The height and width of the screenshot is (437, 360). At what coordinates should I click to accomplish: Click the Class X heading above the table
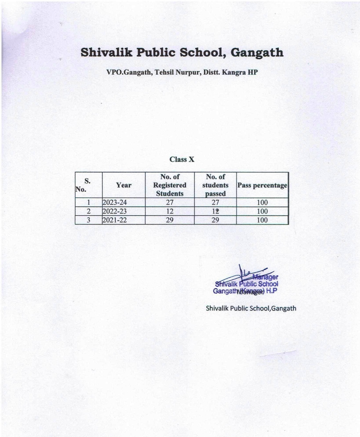tap(182, 160)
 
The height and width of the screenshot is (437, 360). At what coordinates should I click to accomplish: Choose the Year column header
tap(124, 185)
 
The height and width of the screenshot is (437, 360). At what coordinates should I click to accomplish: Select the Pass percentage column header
tap(262, 185)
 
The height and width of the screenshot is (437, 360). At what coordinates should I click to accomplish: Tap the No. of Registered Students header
tap(169, 185)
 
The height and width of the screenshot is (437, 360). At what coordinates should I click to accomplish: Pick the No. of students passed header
tap(215, 185)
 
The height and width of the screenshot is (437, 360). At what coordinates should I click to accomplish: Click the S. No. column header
tap(87, 185)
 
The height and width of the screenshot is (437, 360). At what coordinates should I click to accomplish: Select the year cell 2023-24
tap(115, 202)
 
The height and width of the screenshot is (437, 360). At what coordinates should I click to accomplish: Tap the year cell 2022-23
tap(115, 211)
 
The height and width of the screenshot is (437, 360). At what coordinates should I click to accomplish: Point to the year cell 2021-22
tap(115, 220)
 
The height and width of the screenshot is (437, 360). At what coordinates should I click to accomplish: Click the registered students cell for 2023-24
tap(169, 202)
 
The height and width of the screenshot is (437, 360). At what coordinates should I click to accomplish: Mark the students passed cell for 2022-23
tap(215, 211)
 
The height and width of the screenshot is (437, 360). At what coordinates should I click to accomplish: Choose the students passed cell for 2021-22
tap(215, 220)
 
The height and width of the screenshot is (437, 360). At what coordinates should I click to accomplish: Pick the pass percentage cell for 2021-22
tap(262, 220)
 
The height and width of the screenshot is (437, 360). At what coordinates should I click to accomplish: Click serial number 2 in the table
tap(88, 211)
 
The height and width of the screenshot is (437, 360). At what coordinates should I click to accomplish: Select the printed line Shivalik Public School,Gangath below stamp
tap(251, 308)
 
